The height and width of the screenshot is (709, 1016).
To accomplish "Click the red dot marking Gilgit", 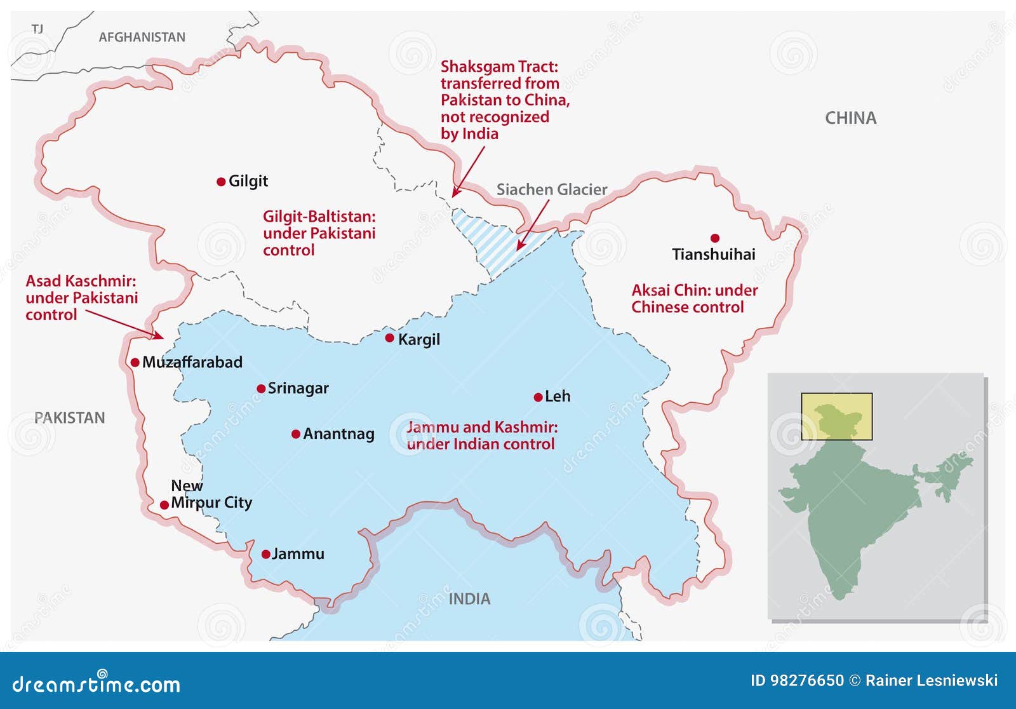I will coord(221,182).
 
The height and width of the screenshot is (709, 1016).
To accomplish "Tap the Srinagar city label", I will coord(298,388).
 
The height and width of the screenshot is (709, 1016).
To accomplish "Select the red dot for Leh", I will coord(538,398).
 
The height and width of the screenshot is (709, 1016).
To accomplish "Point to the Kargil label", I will coord(418,339).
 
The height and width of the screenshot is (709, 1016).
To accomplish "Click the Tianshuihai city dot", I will coord(715,238).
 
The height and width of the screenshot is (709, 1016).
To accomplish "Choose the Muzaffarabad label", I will coord(192,362).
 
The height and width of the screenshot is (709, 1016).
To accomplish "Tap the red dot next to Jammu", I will coord(266,555).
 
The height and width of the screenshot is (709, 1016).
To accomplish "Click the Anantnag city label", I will coord(338,434).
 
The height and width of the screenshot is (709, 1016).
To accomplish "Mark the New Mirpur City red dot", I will coord(164,505).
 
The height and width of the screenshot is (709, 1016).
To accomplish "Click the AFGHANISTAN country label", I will coord(142,37).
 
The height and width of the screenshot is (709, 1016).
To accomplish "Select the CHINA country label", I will coord(850,118).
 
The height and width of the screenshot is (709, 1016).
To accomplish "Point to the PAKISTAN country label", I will coord(69,418).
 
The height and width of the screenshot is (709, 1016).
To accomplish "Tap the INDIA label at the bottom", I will coord(469,599).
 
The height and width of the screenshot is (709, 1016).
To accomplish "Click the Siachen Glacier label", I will coord(551,189).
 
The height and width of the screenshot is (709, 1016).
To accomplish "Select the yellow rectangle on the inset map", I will coord(836,416).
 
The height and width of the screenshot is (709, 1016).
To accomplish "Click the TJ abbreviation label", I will coord(37,29).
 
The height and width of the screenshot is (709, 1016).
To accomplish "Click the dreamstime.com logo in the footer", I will coord(97,684).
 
